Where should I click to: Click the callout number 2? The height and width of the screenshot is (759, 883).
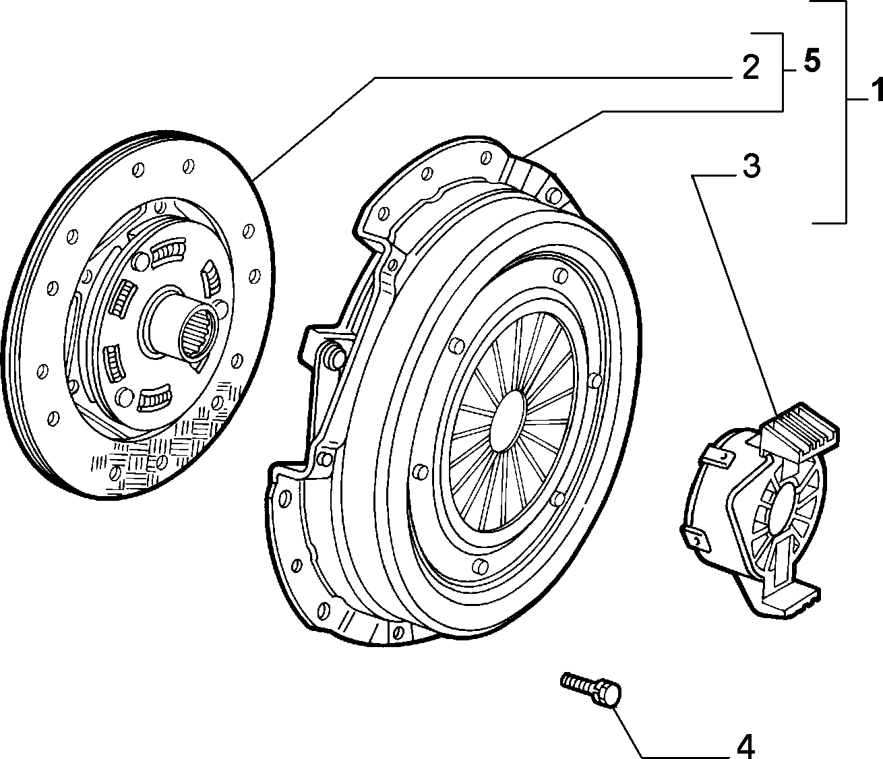coord(751,67)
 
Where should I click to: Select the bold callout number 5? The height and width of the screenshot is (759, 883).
coord(812,62)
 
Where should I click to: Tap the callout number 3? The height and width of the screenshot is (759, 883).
coord(752,166)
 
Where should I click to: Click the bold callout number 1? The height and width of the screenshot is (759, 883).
coord(876,90)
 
